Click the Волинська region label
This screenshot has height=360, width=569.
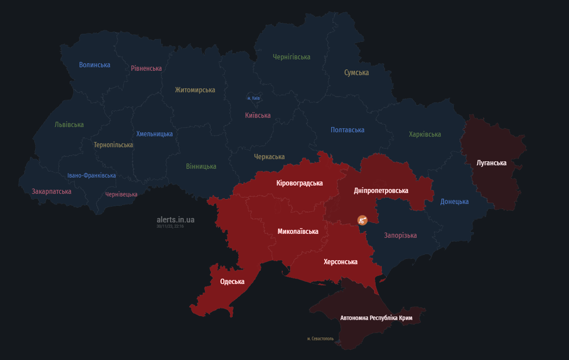pos(94,65)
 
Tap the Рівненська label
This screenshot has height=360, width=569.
pos(146,68)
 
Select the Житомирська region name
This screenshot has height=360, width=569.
pos(195,90)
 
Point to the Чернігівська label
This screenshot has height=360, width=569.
pos(291,57)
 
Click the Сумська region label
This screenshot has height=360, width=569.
pos(356,73)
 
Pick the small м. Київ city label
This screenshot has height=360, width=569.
pos(253,98)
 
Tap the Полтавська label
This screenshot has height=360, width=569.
pos(347,130)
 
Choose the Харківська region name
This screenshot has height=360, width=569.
pos(425,134)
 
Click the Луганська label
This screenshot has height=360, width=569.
pos(491,163)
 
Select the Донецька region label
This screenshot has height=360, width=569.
pos(454,202)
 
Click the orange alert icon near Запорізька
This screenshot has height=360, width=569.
pos(362,220)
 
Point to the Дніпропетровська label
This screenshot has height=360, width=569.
pos(381,191)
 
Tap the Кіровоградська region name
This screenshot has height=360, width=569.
pos(299,183)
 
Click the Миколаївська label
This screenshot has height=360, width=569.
pos(297,231)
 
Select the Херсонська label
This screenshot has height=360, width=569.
pos(340,262)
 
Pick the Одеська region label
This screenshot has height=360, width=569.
pos(232,282)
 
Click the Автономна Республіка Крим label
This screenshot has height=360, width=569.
pos(376,318)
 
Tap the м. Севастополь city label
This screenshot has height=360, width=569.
pos(320,338)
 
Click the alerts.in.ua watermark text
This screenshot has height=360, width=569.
pos(175,219)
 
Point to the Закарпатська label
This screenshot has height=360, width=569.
pos(52,191)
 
